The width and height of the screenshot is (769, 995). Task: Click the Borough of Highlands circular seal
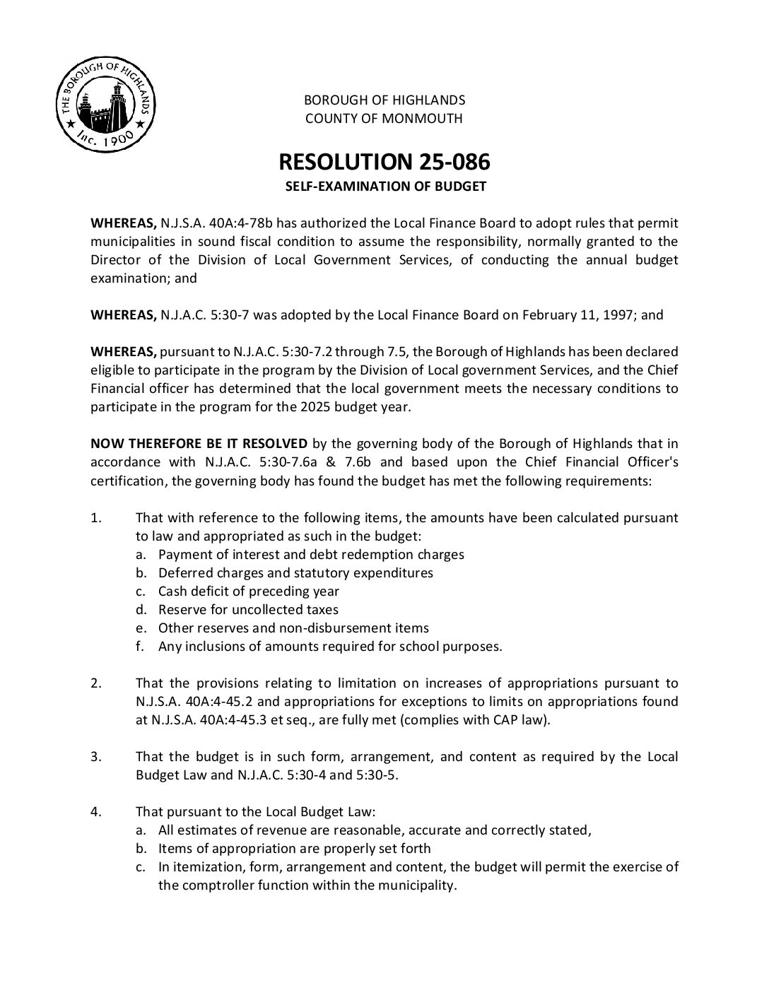click(x=105, y=106)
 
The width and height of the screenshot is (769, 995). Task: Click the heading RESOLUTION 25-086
click(x=384, y=162)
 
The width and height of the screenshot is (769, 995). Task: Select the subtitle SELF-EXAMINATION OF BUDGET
click(x=384, y=187)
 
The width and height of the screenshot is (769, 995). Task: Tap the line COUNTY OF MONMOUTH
click(x=384, y=119)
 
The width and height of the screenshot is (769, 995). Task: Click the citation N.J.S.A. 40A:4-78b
click(x=216, y=223)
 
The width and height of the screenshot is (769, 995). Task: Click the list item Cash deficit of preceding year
click(x=248, y=591)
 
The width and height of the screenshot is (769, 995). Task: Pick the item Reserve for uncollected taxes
click(x=248, y=610)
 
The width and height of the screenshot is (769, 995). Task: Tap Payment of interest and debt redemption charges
click(x=311, y=555)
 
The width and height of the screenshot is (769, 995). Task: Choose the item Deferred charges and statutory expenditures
click(x=295, y=573)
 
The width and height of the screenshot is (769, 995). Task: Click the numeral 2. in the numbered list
click(x=97, y=683)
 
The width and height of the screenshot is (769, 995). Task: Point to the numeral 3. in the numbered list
click(x=97, y=757)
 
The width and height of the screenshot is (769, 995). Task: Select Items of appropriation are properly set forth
click(x=294, y=849)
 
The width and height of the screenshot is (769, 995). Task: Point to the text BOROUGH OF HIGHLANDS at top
click(x=384, y=100)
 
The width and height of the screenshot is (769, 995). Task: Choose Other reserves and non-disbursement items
click(x=293, y=628)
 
